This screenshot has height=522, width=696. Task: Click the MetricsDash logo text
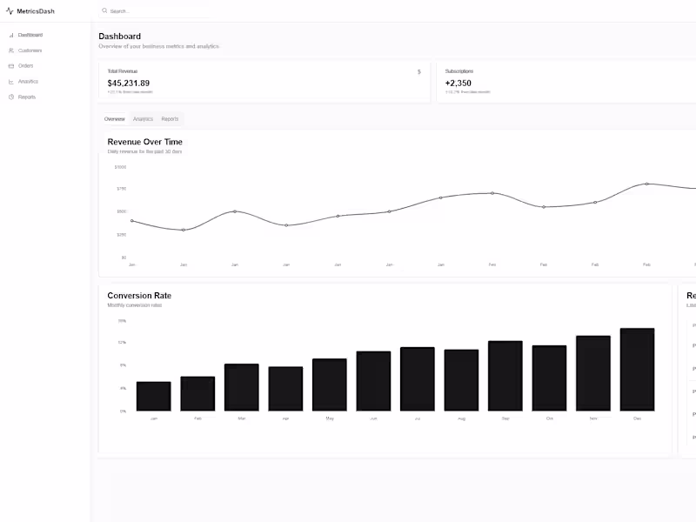tap(36, 11)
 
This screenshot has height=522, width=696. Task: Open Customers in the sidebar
tap(30, 50)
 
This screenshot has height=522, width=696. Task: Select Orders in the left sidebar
tap(26, 66)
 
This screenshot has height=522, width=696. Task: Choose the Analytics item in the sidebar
tap(28, 82)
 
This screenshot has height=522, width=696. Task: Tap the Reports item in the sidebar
tap(27, 97)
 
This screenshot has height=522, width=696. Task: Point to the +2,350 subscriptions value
tap(458, 84)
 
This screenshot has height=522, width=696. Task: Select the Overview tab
tap(115, 119)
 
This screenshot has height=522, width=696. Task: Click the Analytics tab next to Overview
tap(143, 119)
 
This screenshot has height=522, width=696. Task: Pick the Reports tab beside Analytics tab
tap(170, 119)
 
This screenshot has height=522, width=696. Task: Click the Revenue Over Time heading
tap(145, 142)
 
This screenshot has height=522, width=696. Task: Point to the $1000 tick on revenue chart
tap(120, 167)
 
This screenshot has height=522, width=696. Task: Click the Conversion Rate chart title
tap(139, 296)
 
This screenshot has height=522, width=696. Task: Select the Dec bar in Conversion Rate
tap(637, 370)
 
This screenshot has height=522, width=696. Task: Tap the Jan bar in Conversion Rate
tap(153, 396)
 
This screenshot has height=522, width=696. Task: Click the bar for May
tap(330, 385)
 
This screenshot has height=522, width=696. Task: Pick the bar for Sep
tap(505, 376)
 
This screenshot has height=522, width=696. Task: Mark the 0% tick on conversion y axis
tap(123, 411)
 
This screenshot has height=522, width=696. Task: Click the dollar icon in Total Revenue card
tap(418, 72)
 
